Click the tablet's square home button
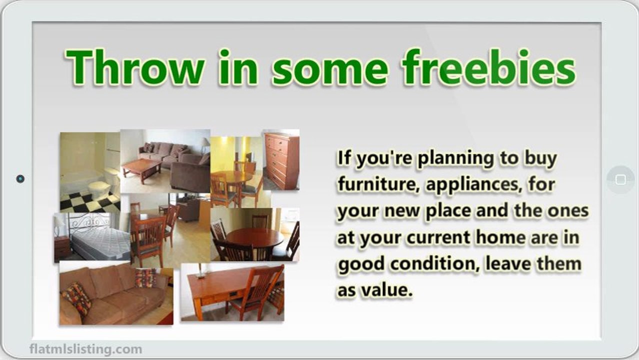pyautogui.click(x=620, y=179)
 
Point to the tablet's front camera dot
pyautogui.click(x=20, y=178)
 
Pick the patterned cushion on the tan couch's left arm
pyautogui.click(x=76, y=297)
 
